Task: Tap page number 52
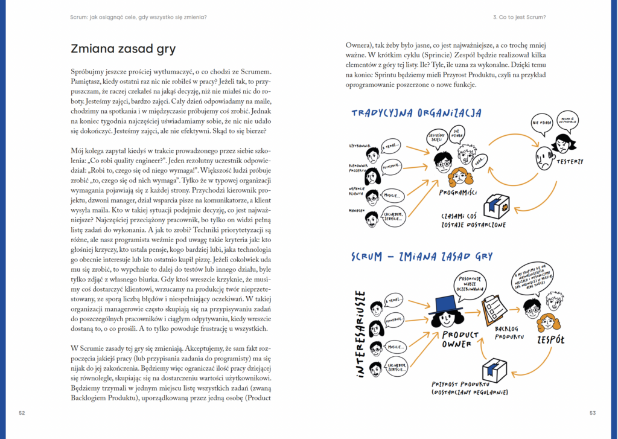pyautogui.click(x=22, y=413)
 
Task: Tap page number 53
pyautogui.click(x=593, y=413)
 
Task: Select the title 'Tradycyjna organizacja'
pyautogui.click(x=416, y=113)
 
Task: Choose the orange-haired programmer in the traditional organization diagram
pyautogui.click(x=460, y=177)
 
